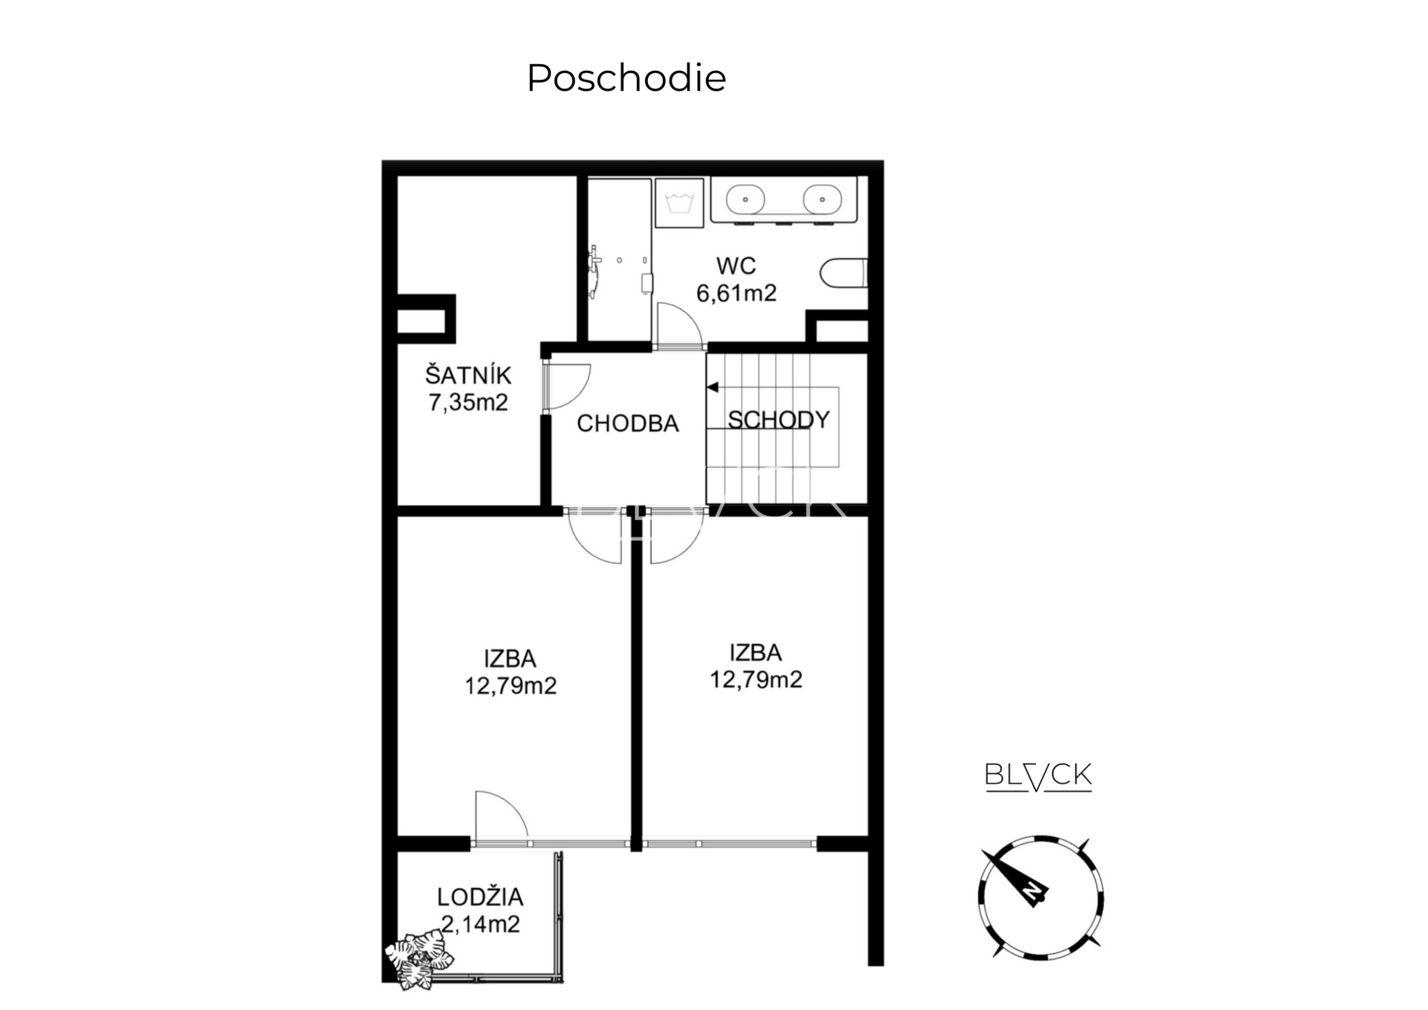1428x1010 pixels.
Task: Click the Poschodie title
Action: click(x=626, y=78)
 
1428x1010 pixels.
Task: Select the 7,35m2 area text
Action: click(x=468, y=402)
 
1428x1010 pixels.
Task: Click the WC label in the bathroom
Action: click(x=736, y=266)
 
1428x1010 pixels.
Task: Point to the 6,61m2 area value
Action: click(x=736, y=293)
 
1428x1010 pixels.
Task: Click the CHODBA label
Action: click(x=628, y=423)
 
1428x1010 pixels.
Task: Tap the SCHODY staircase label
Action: click(x=779, y=420)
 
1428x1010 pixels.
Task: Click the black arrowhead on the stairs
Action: click(x=713, y=387)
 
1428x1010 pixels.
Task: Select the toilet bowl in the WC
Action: click(x=844, y=273)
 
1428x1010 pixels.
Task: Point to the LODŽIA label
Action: click(x=480, y=898)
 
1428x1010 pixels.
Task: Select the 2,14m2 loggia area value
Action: click(x=480, y=925)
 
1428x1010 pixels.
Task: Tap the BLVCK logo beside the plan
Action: click(x=1038, y=776)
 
